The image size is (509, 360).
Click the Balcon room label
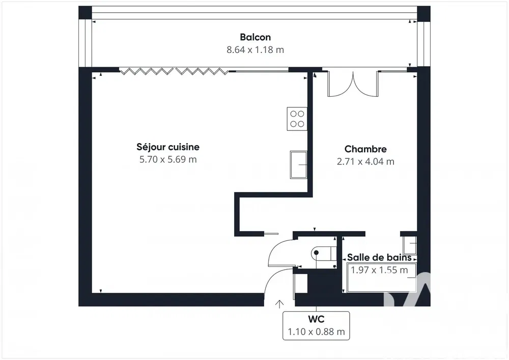coord(255,37)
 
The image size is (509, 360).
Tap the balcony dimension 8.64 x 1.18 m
coord(255,50)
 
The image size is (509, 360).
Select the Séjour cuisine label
coord(168,147)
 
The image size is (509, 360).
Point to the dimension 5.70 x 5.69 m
coord(168,159)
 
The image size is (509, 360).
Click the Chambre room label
coord(365,149)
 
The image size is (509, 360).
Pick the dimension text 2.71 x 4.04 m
coord(365,161)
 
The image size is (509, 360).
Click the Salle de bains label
coord(379,258)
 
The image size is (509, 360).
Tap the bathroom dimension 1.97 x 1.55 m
coord(379,270)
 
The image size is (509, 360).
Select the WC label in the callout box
coord(316,319)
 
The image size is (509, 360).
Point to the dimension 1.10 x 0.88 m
coord(316,332)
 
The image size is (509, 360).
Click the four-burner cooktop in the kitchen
coord(297,119)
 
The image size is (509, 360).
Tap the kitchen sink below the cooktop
coord(299,164)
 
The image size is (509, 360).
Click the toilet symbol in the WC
coord(321,253)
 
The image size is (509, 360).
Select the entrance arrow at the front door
coord(279,304)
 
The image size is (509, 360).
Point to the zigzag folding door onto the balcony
coord(174,71)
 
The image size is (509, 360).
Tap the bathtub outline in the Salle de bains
coord(381,278)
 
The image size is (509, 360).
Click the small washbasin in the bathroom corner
coord(410,245)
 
